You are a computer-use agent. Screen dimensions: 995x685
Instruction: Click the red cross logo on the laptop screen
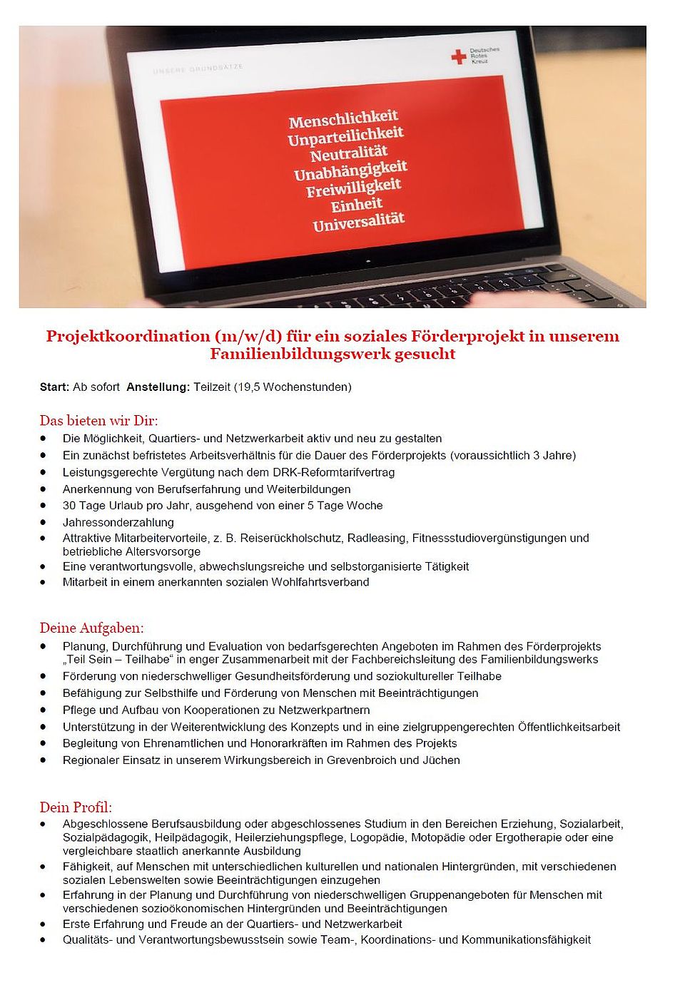pos(459,56)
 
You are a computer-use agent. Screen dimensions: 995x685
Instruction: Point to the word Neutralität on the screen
pos(348,153)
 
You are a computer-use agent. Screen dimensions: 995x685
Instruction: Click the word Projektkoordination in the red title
pos(128,336)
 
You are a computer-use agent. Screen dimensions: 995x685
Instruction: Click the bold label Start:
pos(54,387)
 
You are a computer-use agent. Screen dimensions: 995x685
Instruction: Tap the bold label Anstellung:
pos(158,387)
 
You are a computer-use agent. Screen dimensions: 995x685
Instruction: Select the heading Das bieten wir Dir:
pos(98,420)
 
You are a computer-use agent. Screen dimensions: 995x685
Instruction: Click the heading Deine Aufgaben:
pos(91,628)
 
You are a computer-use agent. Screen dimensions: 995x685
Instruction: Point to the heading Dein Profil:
pos(76,807)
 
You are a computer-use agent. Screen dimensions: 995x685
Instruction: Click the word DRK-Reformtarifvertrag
pos(333,472)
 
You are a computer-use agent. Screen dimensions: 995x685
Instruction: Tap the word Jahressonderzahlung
pos(118,522)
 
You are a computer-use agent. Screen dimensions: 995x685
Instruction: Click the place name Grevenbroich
pos(367,760)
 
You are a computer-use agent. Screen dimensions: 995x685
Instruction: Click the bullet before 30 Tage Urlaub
pos(44,506)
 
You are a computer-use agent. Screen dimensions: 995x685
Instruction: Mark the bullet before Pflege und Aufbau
pos(44,710)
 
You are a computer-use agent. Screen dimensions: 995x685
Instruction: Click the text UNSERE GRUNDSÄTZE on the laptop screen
pos(198,68)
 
